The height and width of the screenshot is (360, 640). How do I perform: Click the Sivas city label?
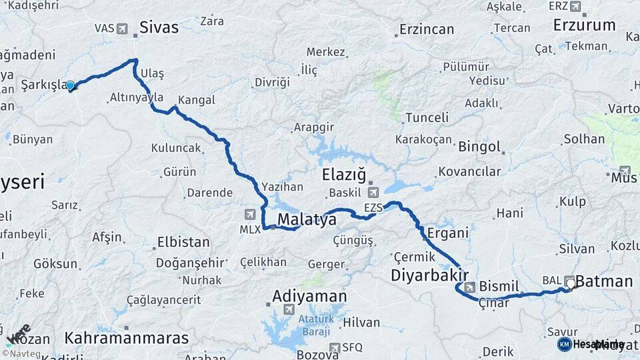pos(159,27)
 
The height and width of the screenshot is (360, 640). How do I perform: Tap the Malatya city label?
pos(307,220)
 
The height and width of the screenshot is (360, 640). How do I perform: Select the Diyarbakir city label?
pos(429,275)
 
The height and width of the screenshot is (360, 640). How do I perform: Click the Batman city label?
pos(603,281)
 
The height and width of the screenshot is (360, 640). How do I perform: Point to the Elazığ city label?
pos(344,175)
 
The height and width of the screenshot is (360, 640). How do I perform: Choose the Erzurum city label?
pos(584,25)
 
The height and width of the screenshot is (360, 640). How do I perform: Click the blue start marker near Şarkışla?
pos(70,85)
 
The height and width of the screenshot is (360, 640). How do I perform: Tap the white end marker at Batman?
pos(570,283)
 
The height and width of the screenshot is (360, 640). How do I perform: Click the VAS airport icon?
pos(122,29)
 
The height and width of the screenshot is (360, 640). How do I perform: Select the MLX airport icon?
pos(250,214)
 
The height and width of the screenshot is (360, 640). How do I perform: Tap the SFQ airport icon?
pos(335,347)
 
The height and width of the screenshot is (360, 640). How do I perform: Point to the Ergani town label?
pos(443,233)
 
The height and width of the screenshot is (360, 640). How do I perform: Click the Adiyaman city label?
pos(309,296)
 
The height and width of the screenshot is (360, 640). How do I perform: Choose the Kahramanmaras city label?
pos(127,338)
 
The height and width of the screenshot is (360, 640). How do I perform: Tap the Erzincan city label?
pos(427,29)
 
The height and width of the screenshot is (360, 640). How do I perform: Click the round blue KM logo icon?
pos(565,344)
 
